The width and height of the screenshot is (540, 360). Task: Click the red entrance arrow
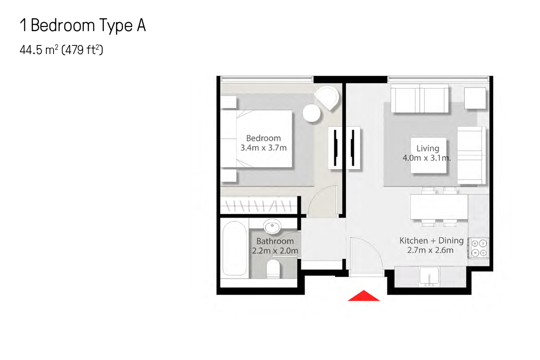coord(364,296)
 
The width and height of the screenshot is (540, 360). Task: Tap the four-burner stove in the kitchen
coord(479,247)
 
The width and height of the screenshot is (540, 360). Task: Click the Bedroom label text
coord(263,138)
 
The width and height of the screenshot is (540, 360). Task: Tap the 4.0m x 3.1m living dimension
coord(427,158)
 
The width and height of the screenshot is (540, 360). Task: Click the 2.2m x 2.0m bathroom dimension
coord(275,251)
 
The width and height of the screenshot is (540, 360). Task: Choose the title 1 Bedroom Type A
coord(82,26)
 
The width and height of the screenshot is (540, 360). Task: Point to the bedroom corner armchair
coord(327,98)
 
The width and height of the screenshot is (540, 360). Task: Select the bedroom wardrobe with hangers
coord(259,206)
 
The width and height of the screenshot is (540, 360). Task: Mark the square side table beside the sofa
coord(475,98)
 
